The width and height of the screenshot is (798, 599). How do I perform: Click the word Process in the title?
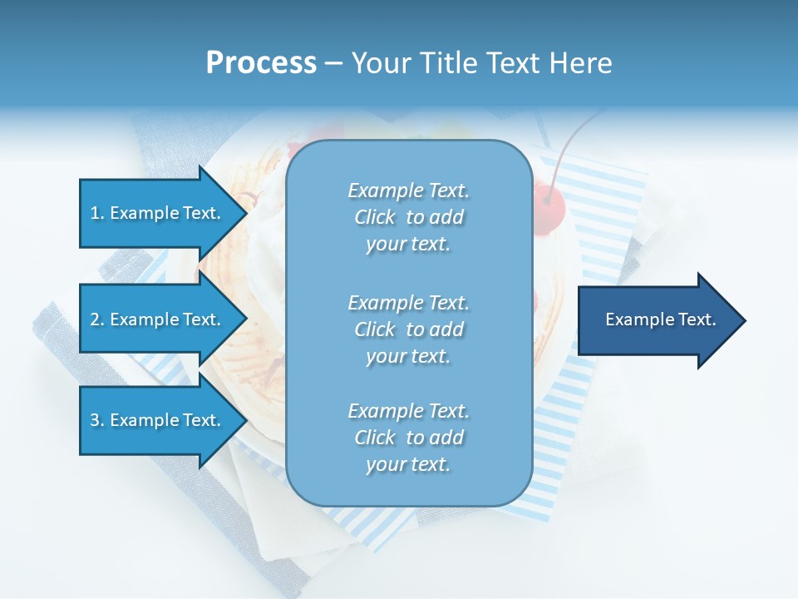(x=261, y=62)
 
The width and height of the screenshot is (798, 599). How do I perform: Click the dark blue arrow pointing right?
(x=657, y=319)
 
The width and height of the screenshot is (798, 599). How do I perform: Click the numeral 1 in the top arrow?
(x=94, y=213)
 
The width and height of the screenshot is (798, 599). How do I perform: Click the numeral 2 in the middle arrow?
(x=94, y=319)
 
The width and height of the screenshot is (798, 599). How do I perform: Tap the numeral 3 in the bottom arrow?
(x=94, y=420)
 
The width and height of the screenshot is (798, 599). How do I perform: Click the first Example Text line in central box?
(x=408, y=191)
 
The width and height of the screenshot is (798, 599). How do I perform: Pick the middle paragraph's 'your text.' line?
(x=408, y=356)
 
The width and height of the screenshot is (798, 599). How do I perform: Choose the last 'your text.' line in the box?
(x=408, y=464)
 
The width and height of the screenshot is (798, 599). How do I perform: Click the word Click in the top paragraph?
(x=375, y=217)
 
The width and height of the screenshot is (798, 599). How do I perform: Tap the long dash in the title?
(x=333, y=63)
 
